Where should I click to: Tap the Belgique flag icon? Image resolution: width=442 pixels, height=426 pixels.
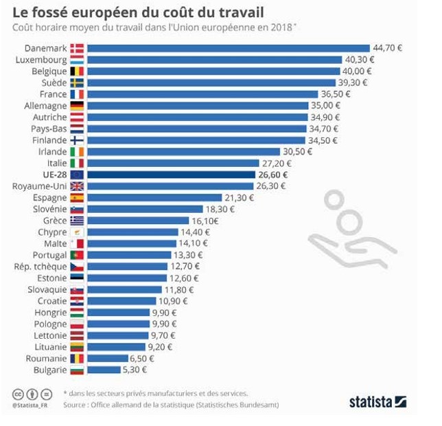(77, 71)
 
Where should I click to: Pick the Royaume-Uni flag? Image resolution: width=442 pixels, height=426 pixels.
(77, 186)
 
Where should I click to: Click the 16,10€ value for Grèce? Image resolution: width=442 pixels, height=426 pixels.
(205, 221)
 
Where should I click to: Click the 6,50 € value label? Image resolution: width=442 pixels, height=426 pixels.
(142, 358)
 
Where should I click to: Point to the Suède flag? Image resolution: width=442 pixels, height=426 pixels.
(77, 82)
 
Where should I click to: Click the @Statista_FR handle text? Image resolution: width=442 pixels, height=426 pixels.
(30, 405)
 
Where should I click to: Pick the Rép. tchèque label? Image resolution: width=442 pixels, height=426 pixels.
(40, 267)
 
